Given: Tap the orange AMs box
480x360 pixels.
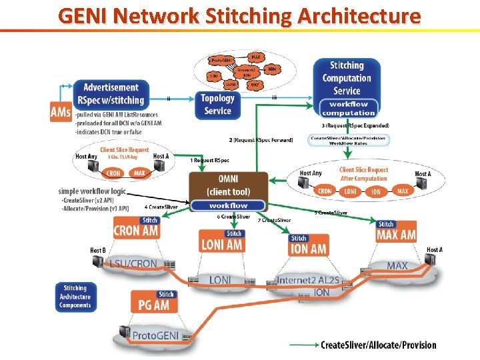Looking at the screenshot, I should (x=60, y=113).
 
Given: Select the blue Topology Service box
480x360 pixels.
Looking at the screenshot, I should (x=217, y=105).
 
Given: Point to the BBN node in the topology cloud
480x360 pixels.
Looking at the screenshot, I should (x=271, y=69).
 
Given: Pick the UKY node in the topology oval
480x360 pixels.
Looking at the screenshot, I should (x=254, y=85).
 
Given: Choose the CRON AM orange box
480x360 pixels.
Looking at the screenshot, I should (x=136, y=231).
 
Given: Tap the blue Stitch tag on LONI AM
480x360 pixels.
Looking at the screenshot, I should (x=233, y=233).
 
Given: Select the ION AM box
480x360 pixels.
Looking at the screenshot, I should (x=309, y=249).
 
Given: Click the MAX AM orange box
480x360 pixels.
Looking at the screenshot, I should (x=395, y=235).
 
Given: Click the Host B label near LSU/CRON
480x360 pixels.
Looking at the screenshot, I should (x=97, y=251).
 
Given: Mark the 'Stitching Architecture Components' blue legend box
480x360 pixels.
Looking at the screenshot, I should (x=75, y=297).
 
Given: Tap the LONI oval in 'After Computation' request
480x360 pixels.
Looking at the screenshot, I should (x=351, y=191).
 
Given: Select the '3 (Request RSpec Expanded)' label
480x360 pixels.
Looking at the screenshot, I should (x=355, y=125).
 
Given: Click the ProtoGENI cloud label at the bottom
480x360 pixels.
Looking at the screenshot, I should (x=155, y=335).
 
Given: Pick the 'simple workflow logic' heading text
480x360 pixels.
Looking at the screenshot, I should (x=91, y=191).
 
